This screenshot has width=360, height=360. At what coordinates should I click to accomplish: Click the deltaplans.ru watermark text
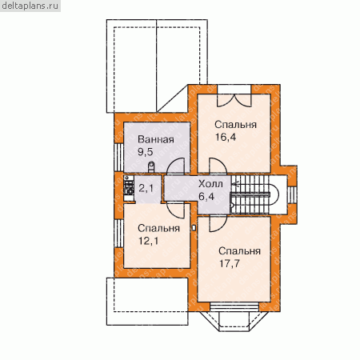pyautogui.click(x=30, y=6)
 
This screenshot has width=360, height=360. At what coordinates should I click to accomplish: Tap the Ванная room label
pyautogui.click(x=156, y=139)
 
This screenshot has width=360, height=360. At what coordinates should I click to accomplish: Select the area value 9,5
pyautogui.click(x=145, y=152)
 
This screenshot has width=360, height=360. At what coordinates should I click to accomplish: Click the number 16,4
pyautogui.click(x=226, y=137)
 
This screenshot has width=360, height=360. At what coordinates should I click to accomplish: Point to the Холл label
pyautogui.click(x=210, y=184)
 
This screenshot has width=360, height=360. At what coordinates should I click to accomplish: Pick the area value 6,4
pyautogui.click(x=206, y=197)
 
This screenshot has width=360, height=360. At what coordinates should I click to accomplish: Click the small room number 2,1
pyautogui.click(x=146, y=188)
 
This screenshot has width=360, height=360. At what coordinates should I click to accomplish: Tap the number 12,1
pyautogui.click(x=148, y=241)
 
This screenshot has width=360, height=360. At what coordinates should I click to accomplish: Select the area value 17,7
pyautogui.click(x=230, y=263)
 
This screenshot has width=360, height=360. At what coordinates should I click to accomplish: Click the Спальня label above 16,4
pyautogui.click(x=235, y=125)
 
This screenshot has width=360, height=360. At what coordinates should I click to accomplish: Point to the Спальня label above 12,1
pyautogui.click(x=158, y=228)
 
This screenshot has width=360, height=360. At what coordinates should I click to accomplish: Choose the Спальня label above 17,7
pyautogui.click(x=239, y=251)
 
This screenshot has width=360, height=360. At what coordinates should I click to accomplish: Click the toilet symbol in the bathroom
pyautogui.click(x=151, y=167)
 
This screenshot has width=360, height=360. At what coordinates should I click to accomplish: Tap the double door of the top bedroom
pyautogui.click(x=234, y=100)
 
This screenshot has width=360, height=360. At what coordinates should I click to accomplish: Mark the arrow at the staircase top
pyautogui.click(x=236, y=184)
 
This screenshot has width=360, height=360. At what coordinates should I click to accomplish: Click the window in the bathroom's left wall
pyautogui.click(x=118, y=158)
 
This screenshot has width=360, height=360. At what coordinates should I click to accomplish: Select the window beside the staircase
pyautogui.click(x=292, y=194)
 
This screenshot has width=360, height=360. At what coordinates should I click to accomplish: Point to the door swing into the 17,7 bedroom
pyautogui.click(x=218, y=223)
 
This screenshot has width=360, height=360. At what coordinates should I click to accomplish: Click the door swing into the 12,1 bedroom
pyautogui.click(x=175, y=210)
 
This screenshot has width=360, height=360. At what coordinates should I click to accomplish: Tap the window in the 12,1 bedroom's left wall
pyautogui.click(x=118, y=234)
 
